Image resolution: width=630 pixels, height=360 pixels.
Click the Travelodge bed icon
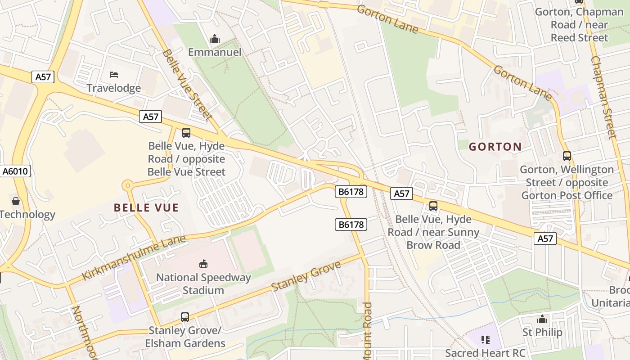tap(114, 74)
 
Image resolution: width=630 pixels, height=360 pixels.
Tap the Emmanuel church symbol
tap(215, 39)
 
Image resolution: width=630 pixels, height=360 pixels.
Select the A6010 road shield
tap(15, 171)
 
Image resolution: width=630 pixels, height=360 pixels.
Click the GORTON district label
tap(495, 147)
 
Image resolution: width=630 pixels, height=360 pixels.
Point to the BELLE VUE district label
tap(146, 208)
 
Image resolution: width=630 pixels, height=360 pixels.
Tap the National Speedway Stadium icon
tap(203, 264)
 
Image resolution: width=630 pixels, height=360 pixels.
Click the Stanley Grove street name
tap(306, 275)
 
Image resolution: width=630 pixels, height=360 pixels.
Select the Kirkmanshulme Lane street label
tap(134, 257)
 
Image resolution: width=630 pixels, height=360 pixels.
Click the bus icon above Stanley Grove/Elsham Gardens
tap(185, 317)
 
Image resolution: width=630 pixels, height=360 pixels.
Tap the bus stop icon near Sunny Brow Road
tap(433, 206)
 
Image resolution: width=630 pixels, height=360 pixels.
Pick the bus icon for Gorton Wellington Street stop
tap(567, 156)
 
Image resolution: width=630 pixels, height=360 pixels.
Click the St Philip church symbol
tap(542, 319)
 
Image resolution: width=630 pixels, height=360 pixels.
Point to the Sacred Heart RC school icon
tap(485, 340)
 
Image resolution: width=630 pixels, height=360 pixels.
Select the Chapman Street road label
tap(603, 97)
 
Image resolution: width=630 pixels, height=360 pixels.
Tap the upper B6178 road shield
tap(351, 192)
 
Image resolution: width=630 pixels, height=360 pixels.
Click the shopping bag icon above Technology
tap(16, 201)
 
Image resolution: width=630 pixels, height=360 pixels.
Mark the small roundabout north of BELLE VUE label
tap(128, 185)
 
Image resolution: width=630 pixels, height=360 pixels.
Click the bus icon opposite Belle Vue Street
tap(186, 133)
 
